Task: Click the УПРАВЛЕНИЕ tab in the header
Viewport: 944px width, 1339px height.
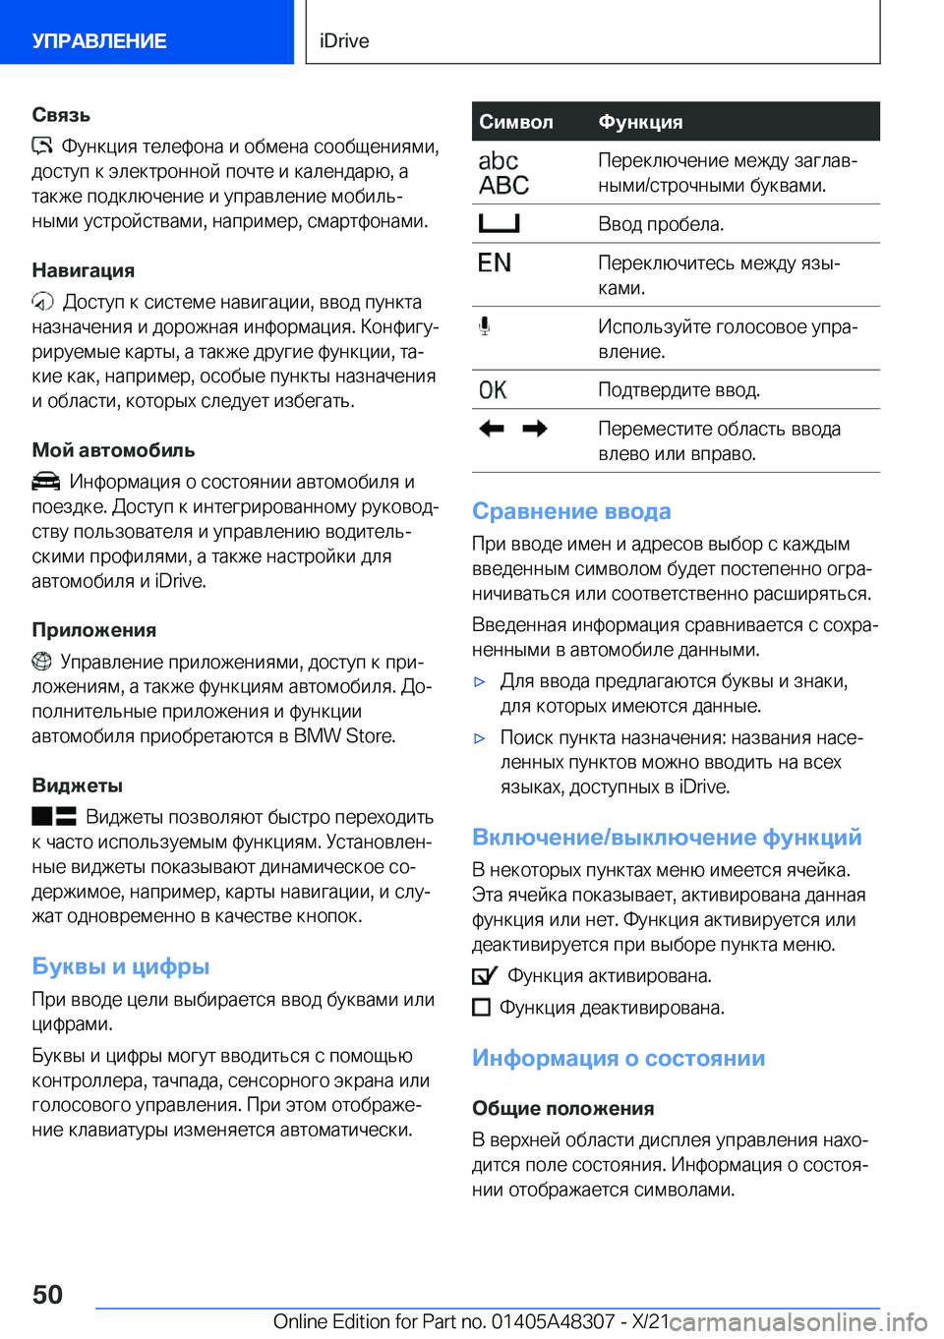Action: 99,40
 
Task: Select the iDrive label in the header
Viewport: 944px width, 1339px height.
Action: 344,40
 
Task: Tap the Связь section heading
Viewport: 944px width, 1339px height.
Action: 61,115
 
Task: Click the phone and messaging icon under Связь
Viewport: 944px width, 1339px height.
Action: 41,146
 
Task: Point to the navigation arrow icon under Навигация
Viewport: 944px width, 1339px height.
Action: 42,302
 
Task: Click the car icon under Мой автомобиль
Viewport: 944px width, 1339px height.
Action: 45,482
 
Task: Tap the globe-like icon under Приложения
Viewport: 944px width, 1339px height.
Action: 41,662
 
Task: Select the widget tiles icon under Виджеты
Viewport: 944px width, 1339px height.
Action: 53,816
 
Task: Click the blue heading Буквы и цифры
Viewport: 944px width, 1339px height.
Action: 121,966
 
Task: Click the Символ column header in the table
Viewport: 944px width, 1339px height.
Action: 516,122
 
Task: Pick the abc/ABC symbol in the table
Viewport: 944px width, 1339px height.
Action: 503,173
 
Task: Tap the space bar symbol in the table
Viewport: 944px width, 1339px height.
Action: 499,223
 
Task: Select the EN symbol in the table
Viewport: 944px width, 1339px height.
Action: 495,262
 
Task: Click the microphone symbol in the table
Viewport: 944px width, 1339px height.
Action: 484,325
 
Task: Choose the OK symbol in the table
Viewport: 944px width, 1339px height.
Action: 493,390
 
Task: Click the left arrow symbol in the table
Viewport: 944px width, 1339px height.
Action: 492,429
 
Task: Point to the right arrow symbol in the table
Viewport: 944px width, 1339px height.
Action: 535,429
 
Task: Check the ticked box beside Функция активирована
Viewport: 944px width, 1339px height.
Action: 484,975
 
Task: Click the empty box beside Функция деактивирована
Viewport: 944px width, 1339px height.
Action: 481,1007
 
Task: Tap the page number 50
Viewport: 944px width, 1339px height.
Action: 47,1294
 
